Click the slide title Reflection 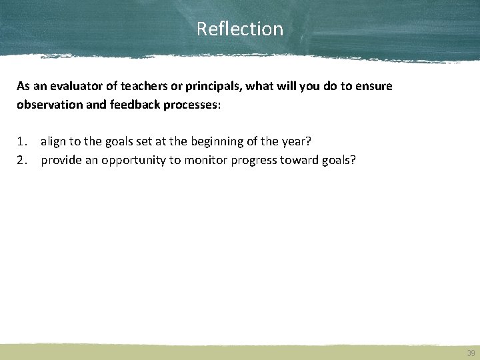click(240, 29)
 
